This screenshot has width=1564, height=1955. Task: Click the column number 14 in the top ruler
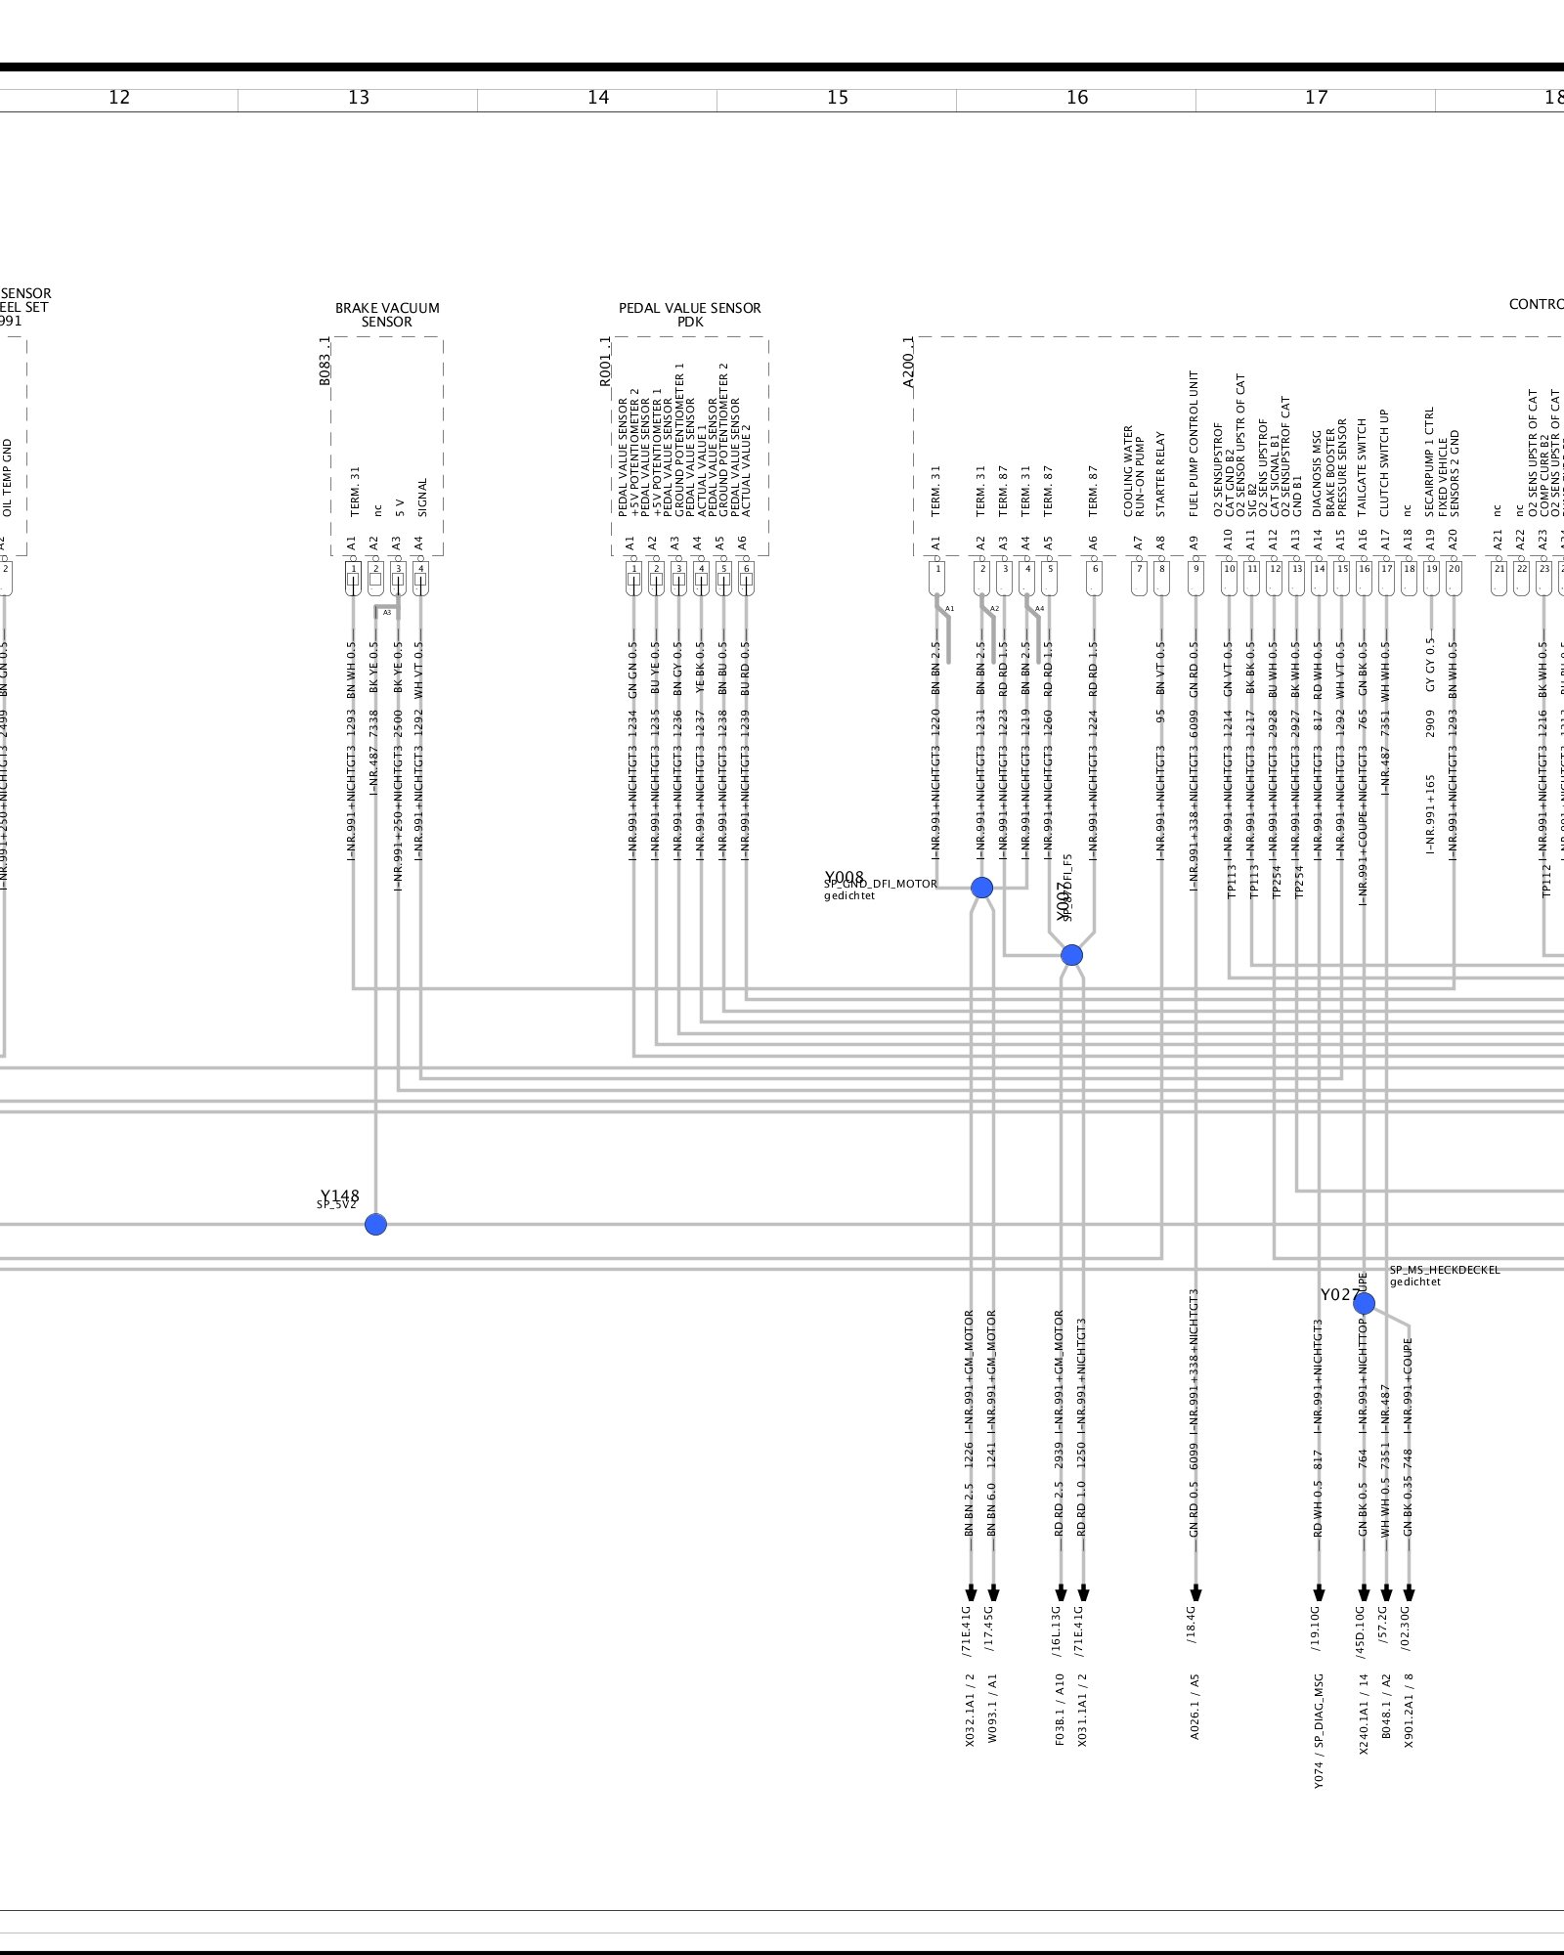[598, 97]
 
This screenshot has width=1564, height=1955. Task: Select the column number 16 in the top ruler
[1077, 97]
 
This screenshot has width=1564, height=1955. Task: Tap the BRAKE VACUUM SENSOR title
[387, 315]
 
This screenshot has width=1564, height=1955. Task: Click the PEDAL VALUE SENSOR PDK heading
[690, 315]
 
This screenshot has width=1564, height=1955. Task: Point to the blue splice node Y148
[375, 1224]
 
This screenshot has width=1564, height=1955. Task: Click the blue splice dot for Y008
[981, 888]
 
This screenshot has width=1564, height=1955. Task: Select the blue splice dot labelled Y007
[1071, 955]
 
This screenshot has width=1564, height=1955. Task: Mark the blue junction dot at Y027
[1364, 1303]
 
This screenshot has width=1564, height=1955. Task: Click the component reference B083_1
[325, 362]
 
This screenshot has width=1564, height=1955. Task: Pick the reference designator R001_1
[605, 362]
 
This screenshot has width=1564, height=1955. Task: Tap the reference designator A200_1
[908, 363]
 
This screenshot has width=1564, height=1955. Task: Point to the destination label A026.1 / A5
[1195, 1707]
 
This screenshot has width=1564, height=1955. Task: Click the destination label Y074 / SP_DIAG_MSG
[1318, 1731]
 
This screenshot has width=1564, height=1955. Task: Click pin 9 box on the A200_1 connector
[1195, 569]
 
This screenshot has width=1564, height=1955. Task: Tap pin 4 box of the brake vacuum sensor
[420, 569]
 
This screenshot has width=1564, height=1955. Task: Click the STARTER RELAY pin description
[1161, 474]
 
